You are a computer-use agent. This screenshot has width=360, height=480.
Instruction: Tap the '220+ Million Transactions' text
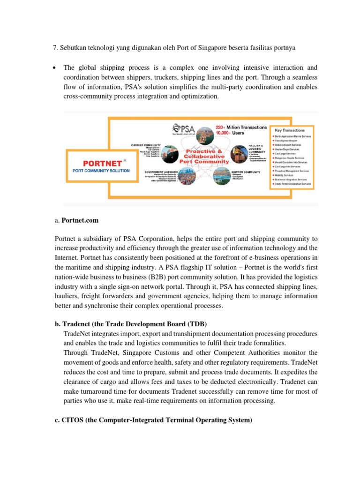(241, 127)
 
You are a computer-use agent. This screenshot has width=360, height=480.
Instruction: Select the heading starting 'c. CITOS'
(153, 420)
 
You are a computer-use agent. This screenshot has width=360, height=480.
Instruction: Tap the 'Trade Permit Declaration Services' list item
(293, 184)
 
